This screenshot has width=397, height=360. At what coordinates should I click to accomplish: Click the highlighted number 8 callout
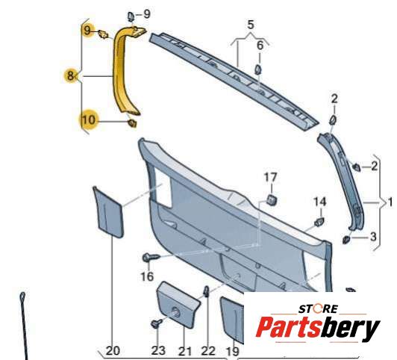point(70,75)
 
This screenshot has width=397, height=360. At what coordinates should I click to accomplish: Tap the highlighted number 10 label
point(88,120)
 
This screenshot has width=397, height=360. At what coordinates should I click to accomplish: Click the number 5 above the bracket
point(250,25)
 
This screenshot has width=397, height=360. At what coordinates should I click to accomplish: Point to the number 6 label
point(260,46)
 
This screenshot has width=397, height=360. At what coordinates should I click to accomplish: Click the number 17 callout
point(270,177)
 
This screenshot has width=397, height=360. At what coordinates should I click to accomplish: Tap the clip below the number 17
point(271,199)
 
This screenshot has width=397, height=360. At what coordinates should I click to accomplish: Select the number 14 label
point(320,202)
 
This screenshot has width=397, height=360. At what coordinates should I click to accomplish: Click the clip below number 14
point(319,221)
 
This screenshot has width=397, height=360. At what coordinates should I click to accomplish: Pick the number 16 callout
point(147,276)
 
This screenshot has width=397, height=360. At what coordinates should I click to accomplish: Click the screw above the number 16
point(151,258)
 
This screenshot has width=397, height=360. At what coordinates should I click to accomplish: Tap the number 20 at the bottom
point(113,351)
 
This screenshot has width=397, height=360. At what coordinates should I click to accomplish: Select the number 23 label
point(158,350)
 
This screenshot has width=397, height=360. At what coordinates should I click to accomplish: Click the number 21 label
point(185,351)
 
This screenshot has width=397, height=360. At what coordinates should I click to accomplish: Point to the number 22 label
point(208,351)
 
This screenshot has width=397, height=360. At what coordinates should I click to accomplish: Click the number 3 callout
point(373,237)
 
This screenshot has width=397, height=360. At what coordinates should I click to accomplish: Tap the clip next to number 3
point(346,240)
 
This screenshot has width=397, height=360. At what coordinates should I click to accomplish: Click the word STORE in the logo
point(318,309)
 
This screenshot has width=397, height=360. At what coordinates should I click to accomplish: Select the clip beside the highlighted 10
point(132,123)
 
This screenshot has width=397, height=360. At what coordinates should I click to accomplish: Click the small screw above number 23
point(157,323)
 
